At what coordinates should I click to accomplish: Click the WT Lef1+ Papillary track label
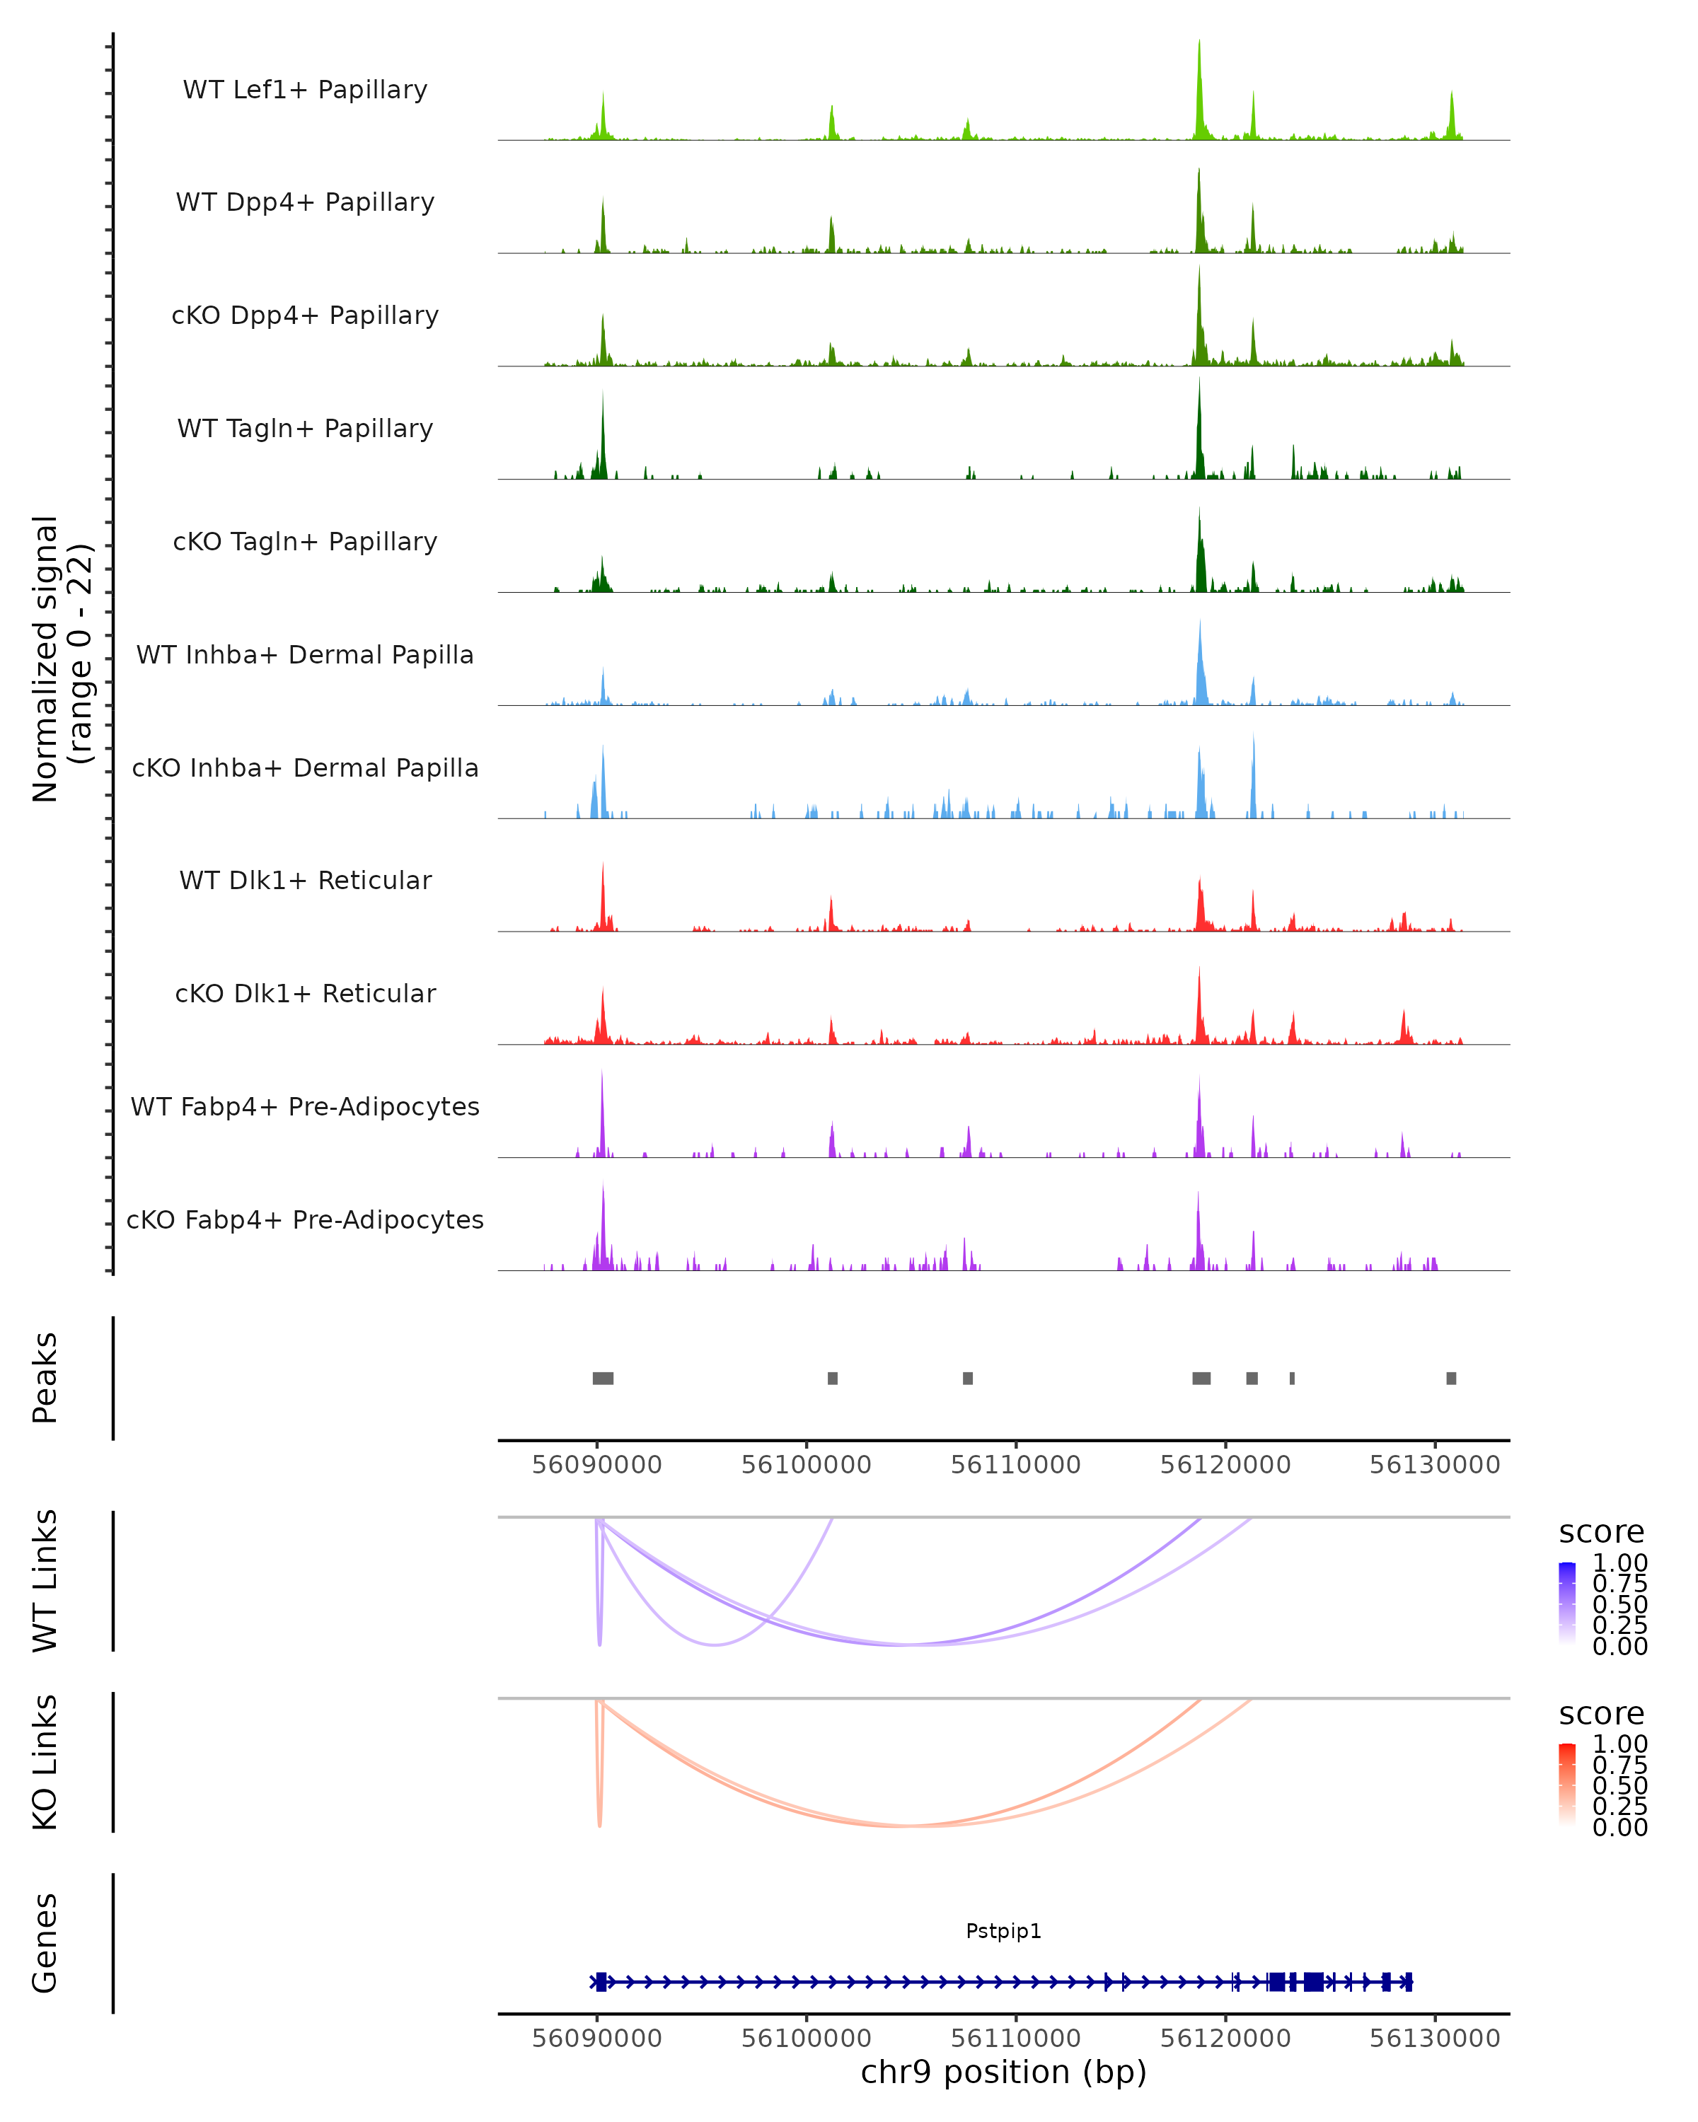coord(305,90)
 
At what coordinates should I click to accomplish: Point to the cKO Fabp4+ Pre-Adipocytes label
coord(305,1219)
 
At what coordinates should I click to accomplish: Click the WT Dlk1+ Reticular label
coord(305,880)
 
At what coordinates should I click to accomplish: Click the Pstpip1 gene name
coord(1003,1931)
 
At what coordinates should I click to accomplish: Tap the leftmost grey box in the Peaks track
coord(602,1378)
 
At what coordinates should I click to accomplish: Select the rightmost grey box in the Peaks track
coord(1451,1378)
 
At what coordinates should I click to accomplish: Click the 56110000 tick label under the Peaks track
coord(1016,1465)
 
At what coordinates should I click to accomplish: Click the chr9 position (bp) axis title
coord(1003,2072)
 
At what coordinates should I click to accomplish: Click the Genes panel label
coord(45,1943)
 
